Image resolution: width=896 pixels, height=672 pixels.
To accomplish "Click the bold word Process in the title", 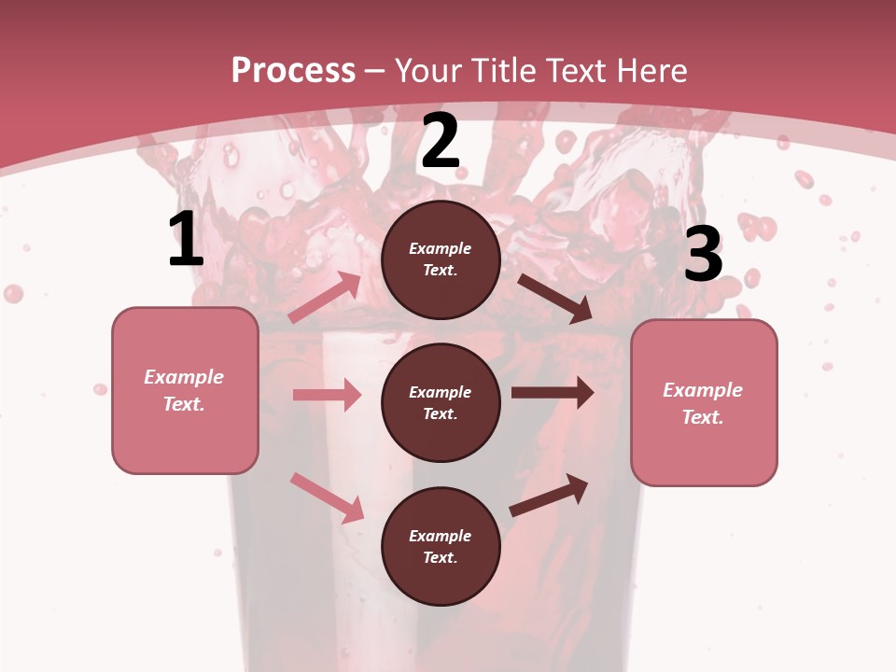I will pos(293,71).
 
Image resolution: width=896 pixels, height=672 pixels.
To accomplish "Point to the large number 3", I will pos(703,255).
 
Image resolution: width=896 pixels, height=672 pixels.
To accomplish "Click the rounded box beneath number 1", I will pos(185,390).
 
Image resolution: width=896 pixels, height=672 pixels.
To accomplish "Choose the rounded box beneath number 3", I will pos(704,403).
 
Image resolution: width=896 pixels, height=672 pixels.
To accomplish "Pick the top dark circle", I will pos(441,259).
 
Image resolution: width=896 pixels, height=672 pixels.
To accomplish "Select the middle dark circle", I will pos(441,402).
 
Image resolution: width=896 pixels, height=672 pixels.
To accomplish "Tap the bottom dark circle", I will pos(441,546).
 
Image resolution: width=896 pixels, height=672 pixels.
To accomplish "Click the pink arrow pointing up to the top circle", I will pos(325,298).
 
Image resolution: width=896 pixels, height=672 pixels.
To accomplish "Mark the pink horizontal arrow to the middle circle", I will pos(327,395).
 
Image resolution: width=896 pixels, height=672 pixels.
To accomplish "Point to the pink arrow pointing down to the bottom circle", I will pos(327,497).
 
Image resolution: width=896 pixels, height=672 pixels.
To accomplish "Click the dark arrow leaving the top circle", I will pos(555,298).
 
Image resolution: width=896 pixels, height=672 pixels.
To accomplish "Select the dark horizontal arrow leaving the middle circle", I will pos(553,393).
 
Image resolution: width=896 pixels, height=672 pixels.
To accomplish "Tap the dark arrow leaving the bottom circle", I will pos(550,495).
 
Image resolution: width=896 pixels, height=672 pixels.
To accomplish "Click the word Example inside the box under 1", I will pos(184,377).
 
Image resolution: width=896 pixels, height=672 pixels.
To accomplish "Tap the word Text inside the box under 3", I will pos(702,417).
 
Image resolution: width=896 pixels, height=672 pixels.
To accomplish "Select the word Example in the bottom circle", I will pos(441,536).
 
